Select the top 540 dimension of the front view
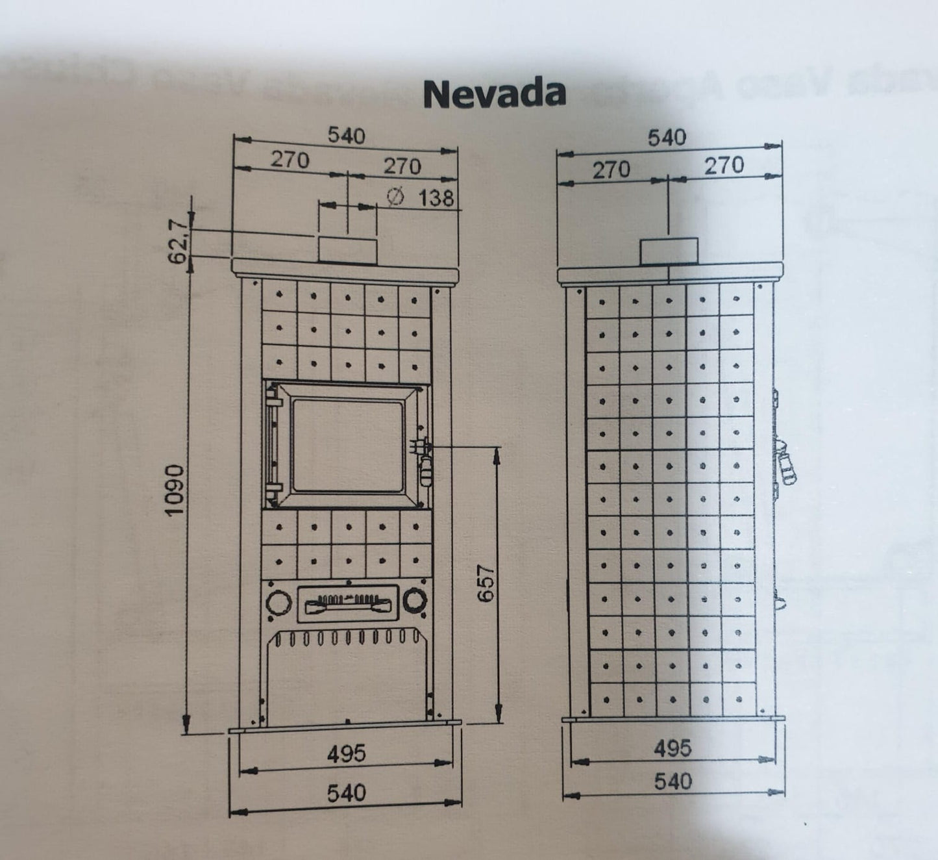346,136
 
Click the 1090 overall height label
173,490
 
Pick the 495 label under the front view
346,753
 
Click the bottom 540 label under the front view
346,793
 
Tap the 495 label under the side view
673,748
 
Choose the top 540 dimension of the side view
667,137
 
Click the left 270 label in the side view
611,170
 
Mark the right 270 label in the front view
402,166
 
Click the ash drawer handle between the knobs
347,605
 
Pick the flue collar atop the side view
669,251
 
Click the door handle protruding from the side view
786,464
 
